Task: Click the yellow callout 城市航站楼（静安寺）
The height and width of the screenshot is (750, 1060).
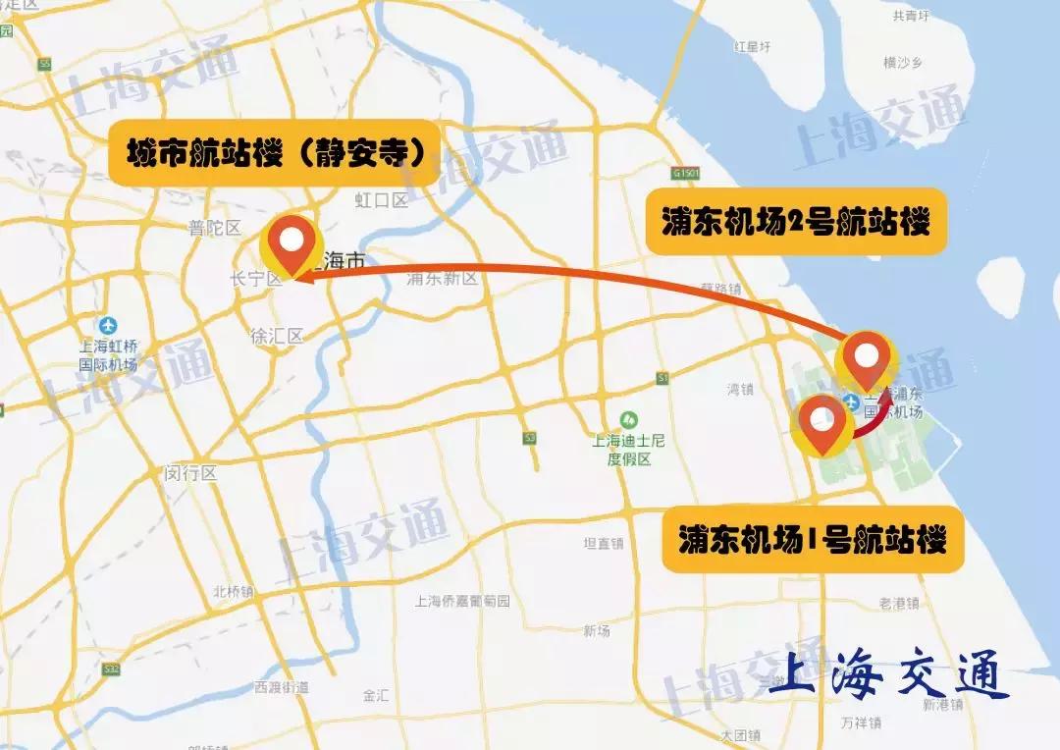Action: click(275, 154)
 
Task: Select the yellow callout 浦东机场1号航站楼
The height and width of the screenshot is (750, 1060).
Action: click(812, 541)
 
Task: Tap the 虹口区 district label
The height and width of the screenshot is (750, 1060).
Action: click(381, 200)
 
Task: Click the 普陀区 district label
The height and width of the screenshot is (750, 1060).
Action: click(215, 228)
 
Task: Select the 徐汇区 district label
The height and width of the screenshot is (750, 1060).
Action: click(277, 336)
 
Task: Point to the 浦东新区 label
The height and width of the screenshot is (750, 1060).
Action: click(442, 279)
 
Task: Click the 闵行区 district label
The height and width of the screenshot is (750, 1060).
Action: click(190, 473)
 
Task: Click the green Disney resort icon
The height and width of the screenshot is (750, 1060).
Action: click(629, 419)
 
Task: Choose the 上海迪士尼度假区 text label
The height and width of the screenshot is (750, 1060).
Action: click(629, 450)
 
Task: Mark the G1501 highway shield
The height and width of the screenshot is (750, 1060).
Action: click(685, 174)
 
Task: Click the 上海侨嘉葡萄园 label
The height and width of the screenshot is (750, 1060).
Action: click(462, 601)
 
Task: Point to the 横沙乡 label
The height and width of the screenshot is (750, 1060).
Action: click(903, 63)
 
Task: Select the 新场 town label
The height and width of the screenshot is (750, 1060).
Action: click(596, 630)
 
